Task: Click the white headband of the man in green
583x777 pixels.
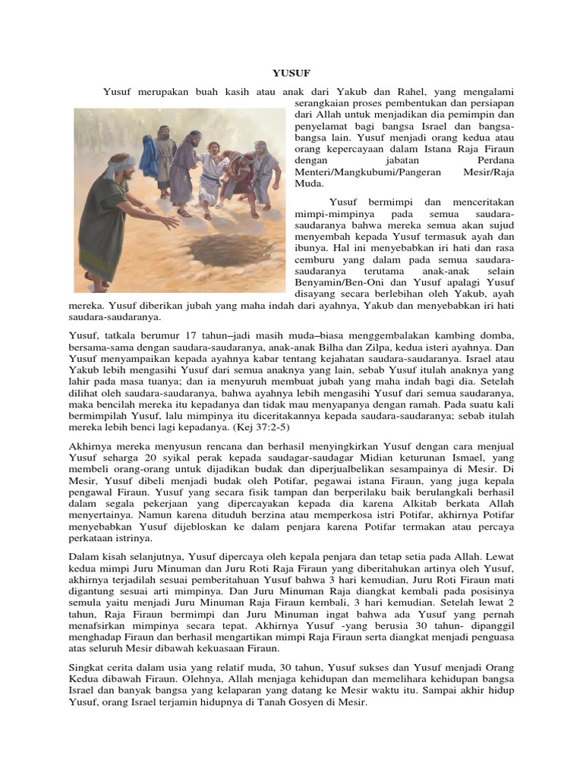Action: click(x=120, y=165)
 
